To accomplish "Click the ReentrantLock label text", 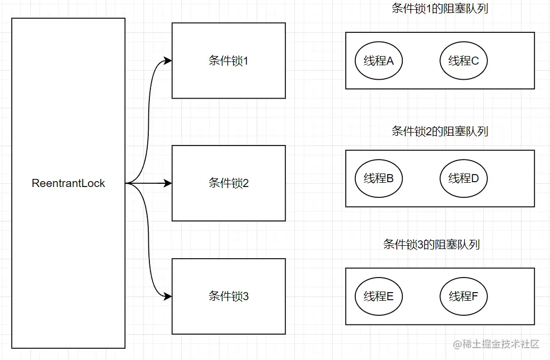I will [x=68, y=183].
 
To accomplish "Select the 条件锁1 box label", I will [x=229, y=61].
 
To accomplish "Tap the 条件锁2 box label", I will [x=229, y=183].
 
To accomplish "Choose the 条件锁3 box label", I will [x=229, y=296].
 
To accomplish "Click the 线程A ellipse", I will [x=379, y=61].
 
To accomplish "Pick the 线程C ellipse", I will [x=463, y=61].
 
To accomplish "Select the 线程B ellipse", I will [x=379, y=178].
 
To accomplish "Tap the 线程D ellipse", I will [x=463, y=178].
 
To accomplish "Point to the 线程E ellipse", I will [x=379, y=296].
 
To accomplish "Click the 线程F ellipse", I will [x=463, y=296].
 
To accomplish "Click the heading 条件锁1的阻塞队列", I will [x=439, y=9].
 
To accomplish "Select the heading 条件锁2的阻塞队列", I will [x=439, y=131].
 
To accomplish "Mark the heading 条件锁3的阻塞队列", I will [x=431, y=244].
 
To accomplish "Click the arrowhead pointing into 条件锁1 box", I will [x=168, y=61].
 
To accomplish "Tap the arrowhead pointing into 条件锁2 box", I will [x=168, y=183].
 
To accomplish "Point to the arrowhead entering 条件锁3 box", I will [x=168, y=296].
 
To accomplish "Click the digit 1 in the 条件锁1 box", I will [x=246, y=61].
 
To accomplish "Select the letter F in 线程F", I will [x=475, y=296].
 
